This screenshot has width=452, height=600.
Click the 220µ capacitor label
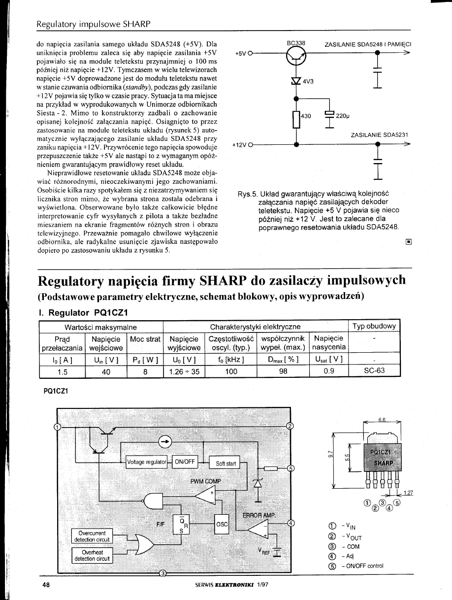[x=342, y=117]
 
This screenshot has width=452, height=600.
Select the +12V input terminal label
[x=239, y=145]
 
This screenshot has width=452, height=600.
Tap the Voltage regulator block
[x=146, y=462]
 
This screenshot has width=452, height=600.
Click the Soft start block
[x=226, y=464]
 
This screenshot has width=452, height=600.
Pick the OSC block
[x=222, y=525]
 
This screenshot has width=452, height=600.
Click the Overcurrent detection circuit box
[x=93, y=536]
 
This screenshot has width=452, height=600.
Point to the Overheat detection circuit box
[x=93, y=556]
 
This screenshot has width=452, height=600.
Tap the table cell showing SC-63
[x=374, y=371]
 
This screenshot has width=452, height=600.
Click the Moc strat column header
[x=145, y=339]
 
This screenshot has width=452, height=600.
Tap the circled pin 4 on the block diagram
[x=291, y=523]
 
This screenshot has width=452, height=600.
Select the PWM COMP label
[x=206, y=481]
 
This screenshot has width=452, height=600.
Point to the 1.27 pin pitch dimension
[x=408, y=492]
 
